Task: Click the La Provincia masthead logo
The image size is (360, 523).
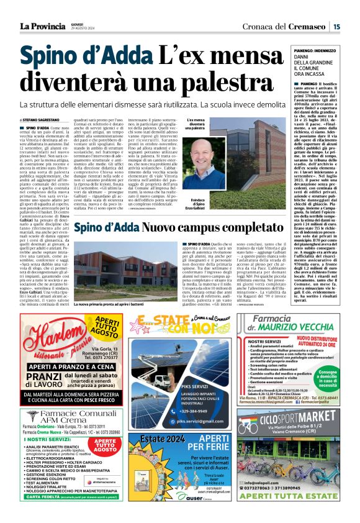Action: point(42,25)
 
